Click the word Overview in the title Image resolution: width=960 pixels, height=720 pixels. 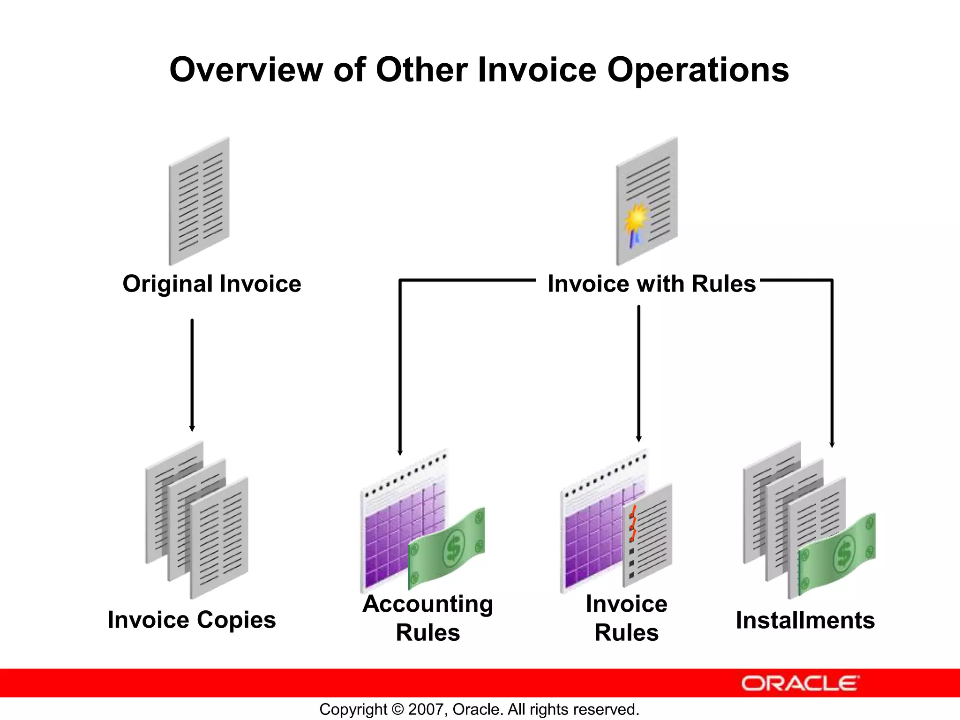246,70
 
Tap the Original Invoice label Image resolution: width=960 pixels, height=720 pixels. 211,284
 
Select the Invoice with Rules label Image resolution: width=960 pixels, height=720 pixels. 652,284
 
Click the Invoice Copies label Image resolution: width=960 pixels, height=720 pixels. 192,620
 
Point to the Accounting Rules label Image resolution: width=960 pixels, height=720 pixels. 427,618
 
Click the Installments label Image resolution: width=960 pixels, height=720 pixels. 805,620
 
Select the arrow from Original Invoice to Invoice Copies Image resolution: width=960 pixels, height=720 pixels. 192,375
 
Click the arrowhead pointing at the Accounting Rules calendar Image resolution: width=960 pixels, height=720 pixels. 400,452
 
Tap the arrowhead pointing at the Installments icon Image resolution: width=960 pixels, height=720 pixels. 832,444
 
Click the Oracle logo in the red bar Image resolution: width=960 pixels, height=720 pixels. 800,683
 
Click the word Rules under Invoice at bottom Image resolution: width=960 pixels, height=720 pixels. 626,633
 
